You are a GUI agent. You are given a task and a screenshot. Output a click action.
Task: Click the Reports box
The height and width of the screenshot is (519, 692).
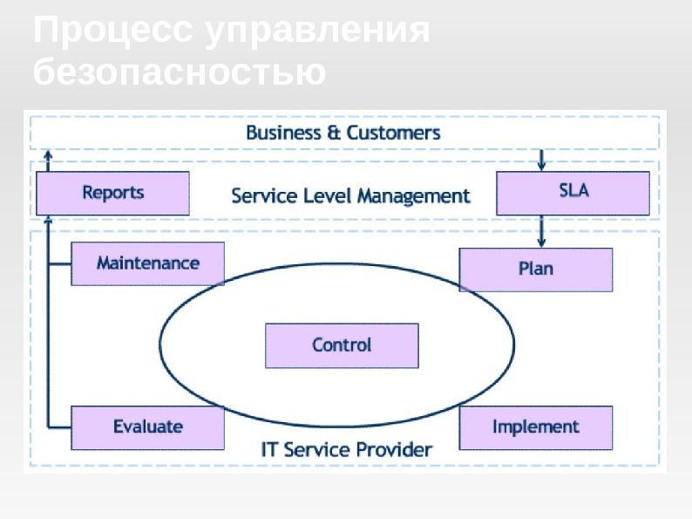point(112,193)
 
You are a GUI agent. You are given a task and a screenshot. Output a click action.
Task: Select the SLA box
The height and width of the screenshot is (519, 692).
point(573,193)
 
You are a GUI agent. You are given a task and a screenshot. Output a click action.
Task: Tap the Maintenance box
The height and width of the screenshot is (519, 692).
point(147,263)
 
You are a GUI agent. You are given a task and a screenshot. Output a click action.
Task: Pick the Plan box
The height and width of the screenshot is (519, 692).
point(535,269)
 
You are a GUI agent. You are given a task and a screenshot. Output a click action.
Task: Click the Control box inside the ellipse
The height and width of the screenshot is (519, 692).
point(342,345)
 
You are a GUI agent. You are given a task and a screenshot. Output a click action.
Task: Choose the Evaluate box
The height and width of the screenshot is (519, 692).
point(147,427)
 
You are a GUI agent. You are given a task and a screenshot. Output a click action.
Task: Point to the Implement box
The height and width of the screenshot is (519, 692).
point(535,427)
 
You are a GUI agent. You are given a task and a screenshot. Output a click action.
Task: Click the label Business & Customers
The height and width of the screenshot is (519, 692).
point(343,133)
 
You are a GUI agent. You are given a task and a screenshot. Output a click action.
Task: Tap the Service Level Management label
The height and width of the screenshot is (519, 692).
point(350,196)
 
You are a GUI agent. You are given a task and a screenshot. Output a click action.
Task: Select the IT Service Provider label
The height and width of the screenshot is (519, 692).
point(346,450)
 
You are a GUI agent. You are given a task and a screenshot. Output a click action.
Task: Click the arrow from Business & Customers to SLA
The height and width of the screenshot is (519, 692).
point(542,160)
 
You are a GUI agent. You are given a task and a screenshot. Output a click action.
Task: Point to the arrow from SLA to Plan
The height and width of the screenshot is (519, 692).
point(542,231)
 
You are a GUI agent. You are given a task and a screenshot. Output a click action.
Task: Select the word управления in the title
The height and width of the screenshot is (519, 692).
point(317,31)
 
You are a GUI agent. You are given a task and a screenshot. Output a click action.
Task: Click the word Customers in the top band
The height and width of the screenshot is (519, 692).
point(393,133)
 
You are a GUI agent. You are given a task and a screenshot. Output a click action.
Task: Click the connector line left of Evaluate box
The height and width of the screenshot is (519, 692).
point(59,427)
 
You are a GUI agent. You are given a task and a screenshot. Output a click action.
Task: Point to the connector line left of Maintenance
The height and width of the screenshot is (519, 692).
point(59,263)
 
